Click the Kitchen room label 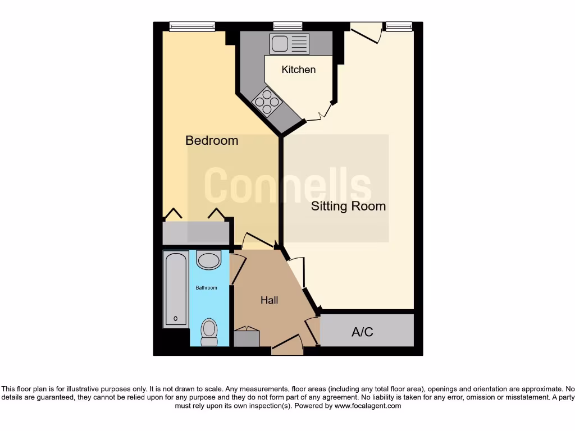tap(298, 70)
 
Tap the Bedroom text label tap(212, 140)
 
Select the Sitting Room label tap(348, 206)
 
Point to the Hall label tap(269, 300)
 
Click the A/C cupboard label tap(362, 332)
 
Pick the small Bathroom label tap(206, 288)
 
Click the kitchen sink tap(289, 44)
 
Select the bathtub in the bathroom tap(176, 290)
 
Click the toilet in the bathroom tap(209, 332)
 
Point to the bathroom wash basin tap(209, 260)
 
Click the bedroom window tap(192, 26)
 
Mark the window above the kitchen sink tap(287, 26)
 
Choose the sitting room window tap(398, 26)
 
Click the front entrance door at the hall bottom tap(287, 346)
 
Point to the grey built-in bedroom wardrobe tap(195, 232)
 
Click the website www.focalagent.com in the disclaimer tap(367, 406)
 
